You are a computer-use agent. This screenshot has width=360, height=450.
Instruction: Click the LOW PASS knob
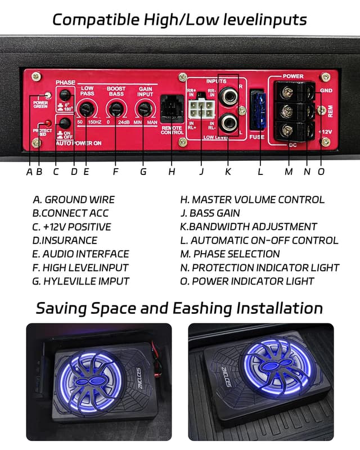point(87,109)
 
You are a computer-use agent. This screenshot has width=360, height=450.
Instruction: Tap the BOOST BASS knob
point(115,109)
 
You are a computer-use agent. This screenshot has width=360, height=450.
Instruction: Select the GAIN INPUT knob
point(145,109)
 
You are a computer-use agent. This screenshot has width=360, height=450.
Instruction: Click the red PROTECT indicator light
point(49,123)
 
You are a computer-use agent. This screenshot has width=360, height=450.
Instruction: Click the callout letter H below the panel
point(172,172)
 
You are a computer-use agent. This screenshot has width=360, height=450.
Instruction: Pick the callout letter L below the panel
point(260,172)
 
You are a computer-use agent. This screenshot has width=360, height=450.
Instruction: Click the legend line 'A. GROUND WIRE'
point(74,200)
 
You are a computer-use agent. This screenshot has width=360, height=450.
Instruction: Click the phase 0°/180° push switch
point(65,94)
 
